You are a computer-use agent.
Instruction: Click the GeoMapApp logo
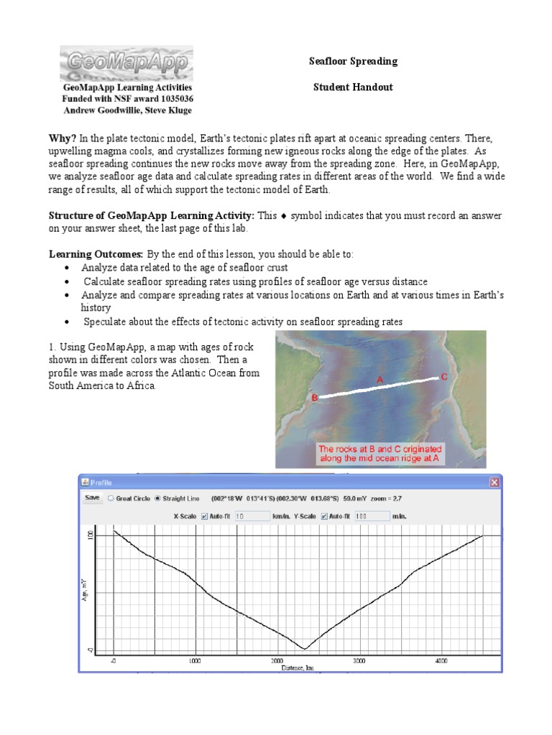click(126, 62)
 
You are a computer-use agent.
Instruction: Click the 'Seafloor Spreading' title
click(353, 62)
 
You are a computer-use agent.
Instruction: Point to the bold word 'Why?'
click(63, 137)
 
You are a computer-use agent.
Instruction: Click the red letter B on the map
click(314, 397)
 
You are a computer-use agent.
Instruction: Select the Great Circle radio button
click(110, 497)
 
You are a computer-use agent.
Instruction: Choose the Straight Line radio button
click(158, 497)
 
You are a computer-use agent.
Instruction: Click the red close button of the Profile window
click(494, 482)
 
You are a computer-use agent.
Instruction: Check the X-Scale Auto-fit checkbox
click(205, 515)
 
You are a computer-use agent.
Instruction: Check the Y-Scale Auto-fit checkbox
click(325, 515)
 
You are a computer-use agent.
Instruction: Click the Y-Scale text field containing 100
click(370, 515)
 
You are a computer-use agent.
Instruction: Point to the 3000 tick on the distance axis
click(359, 661)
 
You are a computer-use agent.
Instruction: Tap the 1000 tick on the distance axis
click(195, 661)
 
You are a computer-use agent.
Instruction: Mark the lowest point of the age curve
click(304, 649)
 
